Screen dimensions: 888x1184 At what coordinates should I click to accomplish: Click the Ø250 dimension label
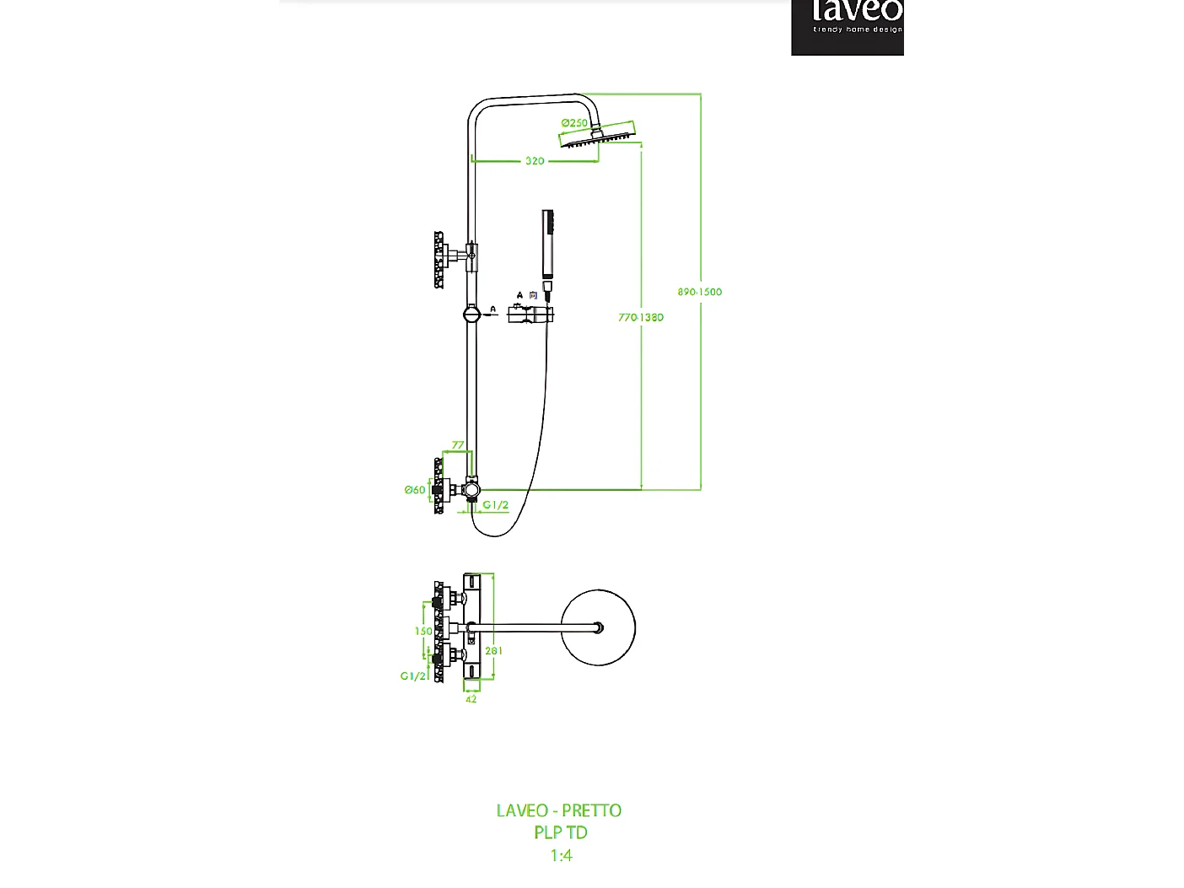574,123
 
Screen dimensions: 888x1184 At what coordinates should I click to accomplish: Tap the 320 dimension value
535,161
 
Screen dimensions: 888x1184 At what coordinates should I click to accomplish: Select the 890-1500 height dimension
699,292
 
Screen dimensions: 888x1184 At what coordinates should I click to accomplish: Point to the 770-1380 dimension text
641,318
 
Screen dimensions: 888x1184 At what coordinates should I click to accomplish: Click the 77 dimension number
458,445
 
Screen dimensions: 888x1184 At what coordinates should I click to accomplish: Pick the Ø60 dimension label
415,490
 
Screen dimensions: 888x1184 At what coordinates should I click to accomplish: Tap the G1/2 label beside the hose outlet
496,505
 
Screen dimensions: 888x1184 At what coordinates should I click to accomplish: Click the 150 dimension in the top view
423,631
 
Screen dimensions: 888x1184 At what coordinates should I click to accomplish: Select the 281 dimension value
494,651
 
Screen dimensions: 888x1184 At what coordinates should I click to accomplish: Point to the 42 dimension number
471,699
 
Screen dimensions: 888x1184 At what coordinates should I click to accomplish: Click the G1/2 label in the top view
412,676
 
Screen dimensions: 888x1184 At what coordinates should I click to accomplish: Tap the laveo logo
848,25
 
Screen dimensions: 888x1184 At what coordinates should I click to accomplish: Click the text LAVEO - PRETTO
559,810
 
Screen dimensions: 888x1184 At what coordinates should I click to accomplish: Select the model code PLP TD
561,832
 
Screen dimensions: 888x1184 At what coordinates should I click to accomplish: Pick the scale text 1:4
562,855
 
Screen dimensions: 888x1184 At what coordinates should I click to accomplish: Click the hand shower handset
548,245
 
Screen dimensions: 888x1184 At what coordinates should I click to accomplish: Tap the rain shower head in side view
600,135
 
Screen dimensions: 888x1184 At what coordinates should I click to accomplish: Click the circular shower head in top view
598,628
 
